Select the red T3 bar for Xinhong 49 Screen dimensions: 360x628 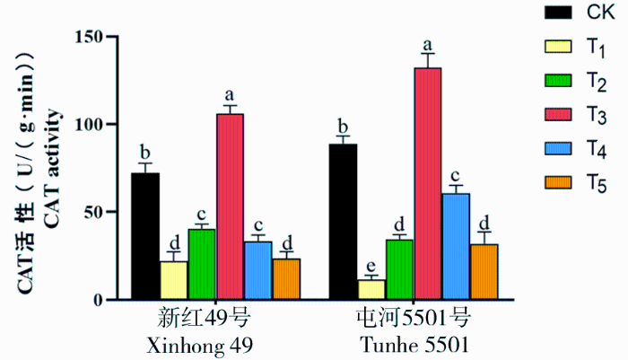point(231,206)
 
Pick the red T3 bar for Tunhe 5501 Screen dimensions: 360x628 point(428,183)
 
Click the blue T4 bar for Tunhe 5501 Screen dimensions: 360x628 point(456,246)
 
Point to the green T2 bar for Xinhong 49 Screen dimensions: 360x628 point(202,264)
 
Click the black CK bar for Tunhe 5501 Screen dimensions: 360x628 point(343,221)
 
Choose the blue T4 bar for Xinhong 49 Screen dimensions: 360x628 point(258,269)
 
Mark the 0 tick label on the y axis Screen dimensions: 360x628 point(100,299)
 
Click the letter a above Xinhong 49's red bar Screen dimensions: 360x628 point(230,95)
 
